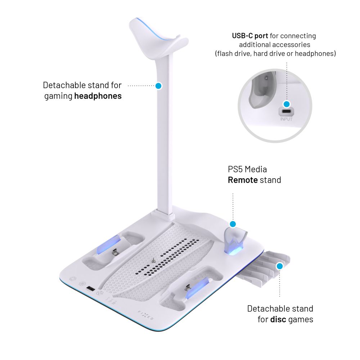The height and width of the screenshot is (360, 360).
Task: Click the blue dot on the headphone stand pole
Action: [158, 86]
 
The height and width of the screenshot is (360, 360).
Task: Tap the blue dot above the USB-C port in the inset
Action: [287, 104]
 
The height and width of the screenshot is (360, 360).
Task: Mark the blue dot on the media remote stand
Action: [233, 224]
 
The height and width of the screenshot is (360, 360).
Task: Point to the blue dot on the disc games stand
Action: [280, 266]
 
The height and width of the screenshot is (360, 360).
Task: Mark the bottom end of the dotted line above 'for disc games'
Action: [280, 296]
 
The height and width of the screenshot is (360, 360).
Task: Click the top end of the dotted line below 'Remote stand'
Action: [233, 194]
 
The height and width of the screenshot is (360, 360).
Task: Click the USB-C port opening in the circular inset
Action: [287, 112]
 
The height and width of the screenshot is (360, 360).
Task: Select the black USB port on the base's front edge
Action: [90, 289]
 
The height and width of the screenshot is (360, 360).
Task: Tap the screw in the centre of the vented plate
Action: [153, 261]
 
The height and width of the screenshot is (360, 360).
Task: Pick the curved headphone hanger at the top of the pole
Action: [158, 38]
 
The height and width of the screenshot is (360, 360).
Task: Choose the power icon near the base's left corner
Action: [73, 279]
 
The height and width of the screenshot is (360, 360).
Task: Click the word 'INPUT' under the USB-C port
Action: [286, 119]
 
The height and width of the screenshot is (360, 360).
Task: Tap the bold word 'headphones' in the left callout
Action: [98, 96]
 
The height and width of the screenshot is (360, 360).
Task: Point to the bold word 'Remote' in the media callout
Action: [243, 180]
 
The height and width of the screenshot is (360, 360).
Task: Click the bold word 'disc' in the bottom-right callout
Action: [278, 319]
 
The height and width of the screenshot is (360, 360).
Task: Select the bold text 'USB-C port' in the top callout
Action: [250, 36]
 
